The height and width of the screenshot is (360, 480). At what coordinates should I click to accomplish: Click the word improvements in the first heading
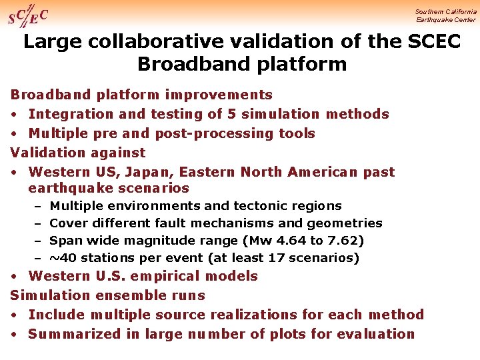pyautogui.click(x=219, y=95)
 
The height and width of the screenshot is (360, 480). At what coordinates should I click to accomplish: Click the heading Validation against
pyautogui.click(x=78, y=153)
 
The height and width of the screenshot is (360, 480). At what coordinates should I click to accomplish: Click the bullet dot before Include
pyautogui.click(x=14, y=315)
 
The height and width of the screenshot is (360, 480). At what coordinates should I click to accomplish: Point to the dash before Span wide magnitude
pyautogui.click(x=39, y=241)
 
